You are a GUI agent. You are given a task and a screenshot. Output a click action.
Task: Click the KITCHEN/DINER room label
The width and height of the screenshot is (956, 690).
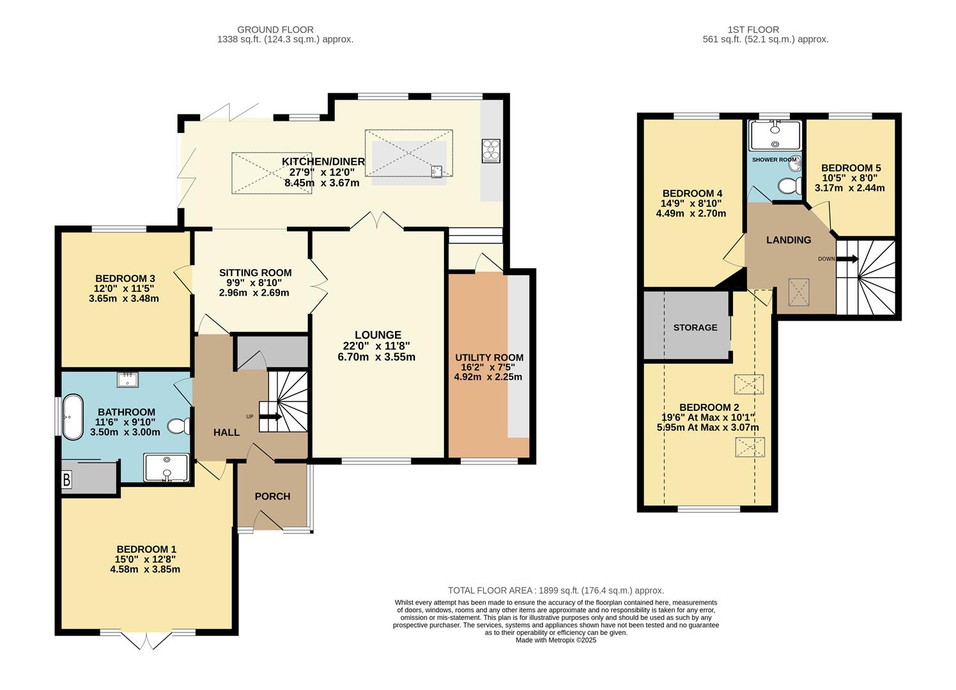(323, 162)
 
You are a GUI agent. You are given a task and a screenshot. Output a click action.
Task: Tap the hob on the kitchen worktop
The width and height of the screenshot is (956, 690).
(491, 151)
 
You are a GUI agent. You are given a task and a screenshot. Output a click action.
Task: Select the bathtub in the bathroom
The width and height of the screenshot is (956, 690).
(73, 417)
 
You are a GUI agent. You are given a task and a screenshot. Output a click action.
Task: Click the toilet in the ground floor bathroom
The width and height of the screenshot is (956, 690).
(178, 426)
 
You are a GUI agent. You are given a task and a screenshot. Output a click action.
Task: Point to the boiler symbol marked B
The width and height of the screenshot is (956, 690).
(66, 480)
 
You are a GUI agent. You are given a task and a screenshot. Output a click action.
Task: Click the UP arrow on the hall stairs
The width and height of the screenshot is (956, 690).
(270, 417)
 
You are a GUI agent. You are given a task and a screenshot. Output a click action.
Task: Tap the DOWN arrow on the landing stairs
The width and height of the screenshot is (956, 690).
(847, 259)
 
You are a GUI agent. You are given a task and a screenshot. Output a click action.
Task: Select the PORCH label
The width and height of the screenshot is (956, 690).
(272, 496)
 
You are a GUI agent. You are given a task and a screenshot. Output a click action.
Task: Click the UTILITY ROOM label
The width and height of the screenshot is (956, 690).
(489, 358)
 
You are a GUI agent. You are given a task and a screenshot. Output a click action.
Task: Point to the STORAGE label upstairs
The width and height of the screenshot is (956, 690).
(695, 327)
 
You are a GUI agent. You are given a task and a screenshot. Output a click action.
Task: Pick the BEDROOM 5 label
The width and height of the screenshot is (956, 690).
(851, 167)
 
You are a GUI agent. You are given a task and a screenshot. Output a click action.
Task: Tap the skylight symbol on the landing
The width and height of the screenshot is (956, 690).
(799, 293)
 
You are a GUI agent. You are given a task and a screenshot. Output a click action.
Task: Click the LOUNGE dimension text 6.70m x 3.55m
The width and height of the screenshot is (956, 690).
(376, 356)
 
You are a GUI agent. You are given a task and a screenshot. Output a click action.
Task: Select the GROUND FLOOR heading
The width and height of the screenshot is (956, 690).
(275, 29)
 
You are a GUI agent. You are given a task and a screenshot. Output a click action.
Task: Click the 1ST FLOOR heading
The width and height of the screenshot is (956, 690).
(753, 29)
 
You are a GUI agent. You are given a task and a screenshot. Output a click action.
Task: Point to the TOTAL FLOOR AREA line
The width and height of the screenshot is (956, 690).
(556, 590)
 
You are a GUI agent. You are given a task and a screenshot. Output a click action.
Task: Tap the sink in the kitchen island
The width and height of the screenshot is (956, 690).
(436, 171)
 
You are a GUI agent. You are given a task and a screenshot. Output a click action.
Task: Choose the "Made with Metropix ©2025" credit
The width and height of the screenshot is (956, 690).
(556, 640)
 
